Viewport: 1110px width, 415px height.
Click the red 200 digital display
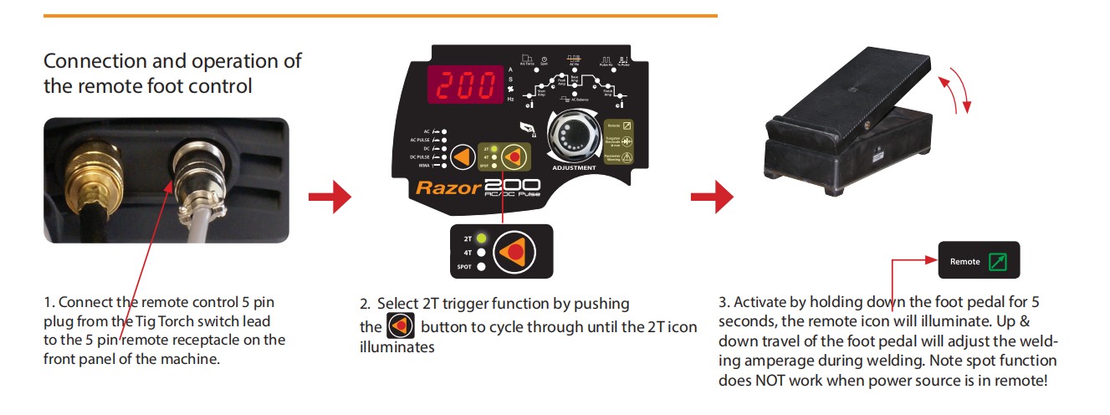tap(465, 84)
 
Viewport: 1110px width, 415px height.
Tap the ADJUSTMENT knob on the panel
tap(574, 134)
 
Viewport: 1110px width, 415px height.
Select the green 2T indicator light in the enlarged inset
tap(482, 238)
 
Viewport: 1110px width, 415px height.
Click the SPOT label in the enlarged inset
tap(464, 267)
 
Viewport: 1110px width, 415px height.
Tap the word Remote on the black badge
tap(964, 262)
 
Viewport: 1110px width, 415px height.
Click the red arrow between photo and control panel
tap(329, 197)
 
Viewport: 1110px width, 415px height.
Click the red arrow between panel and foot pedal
tap(711, 197)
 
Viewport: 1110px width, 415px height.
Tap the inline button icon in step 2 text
tap(401, 326)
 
